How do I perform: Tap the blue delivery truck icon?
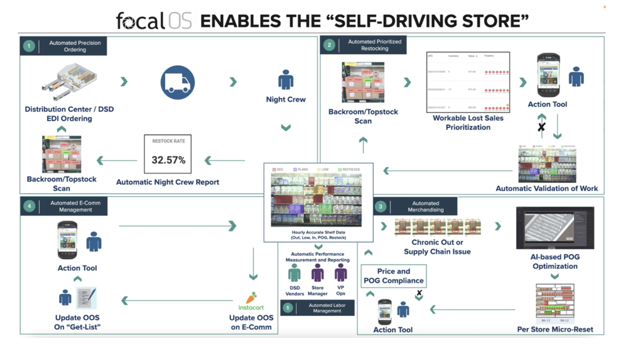coord(177,82)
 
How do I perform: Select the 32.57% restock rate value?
coord(168,160)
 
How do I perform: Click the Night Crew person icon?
coord(286,80)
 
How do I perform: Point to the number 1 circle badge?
coord(28,46)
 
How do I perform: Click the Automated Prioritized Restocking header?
coord(374,45)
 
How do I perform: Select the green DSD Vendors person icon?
coord(294,273)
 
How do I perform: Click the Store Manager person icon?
coord(318,273)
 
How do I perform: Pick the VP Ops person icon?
coord(340,273)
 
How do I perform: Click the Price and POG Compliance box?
coord(394,276)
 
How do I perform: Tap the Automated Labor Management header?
coord(327,308)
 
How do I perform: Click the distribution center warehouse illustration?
coord(69,82)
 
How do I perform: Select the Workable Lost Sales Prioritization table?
coord(468,82)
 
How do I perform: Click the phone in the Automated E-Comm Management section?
coord(67,239)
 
